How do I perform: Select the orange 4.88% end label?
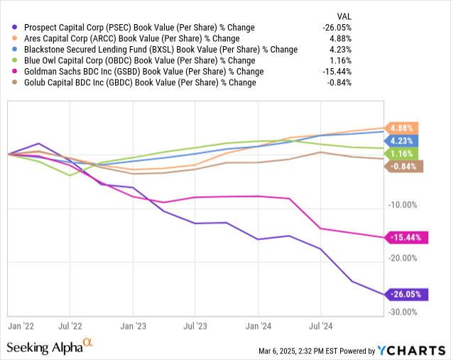coord(403,128)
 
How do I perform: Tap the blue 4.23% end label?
coord(403,141)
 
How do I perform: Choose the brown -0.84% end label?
coord(404,167)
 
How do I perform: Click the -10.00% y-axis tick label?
coord(404,205)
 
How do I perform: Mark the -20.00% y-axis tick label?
coord(404,258)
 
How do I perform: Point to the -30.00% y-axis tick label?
coord(404,312)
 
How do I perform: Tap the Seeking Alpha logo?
coord(50,347)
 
